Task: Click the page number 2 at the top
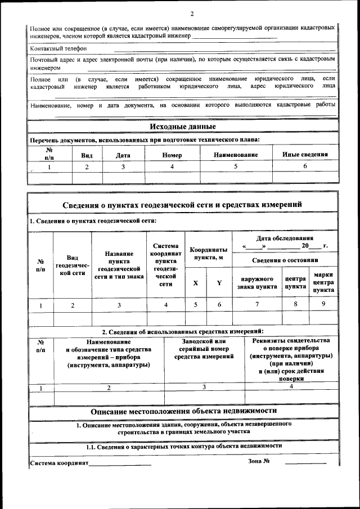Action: pyautogui.click(x=192, y=13)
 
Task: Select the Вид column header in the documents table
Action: pyautogui.click(x=87, y=155)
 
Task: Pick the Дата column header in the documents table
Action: pyautogui.click(x=124, y=155)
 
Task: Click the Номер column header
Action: pyautogui.click(x=172, y=155)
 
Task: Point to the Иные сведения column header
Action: pyautogui.click(x=305, y=155)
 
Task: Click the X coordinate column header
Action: pyautogui.click(x=195, y=283)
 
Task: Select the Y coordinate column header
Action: pyautogui.click(x=219, y=283)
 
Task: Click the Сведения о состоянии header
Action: pyautogui.click(x=285, y=260)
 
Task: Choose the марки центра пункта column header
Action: pyautogui.click(x=323, y=283)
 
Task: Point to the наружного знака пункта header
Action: pyautogui.click(x=256, y=283)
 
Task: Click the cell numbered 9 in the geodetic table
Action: pyautogui.click(x=323, y=304)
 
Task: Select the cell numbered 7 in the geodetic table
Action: pyautogui.click(x=256, y=304)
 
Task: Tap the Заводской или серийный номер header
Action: pyautogui.click(x=204, y=349)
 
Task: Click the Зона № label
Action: pyautogui.click(x=259, y=462)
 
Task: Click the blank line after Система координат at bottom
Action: pyautogui.click(x=120, y=465)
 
